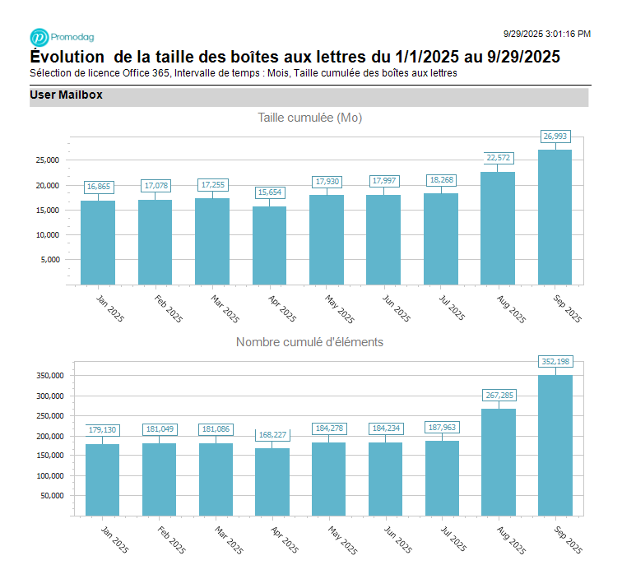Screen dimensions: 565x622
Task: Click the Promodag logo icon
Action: (39, 37)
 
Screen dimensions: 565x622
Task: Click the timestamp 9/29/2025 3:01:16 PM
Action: (546, 34)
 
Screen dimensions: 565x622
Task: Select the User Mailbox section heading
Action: (66, 95)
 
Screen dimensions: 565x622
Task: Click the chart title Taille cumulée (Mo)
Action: (309, 118)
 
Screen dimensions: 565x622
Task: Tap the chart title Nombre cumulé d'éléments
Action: (309, 342)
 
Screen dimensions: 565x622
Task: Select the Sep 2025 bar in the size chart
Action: (555, 217)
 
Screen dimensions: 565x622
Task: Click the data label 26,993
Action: (555, 136)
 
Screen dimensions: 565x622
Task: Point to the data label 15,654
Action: (269, 192)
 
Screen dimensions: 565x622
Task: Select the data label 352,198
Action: (555, 361)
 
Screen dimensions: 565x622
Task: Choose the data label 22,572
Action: (498, 158)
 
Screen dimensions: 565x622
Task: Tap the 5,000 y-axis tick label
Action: (49, 260)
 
